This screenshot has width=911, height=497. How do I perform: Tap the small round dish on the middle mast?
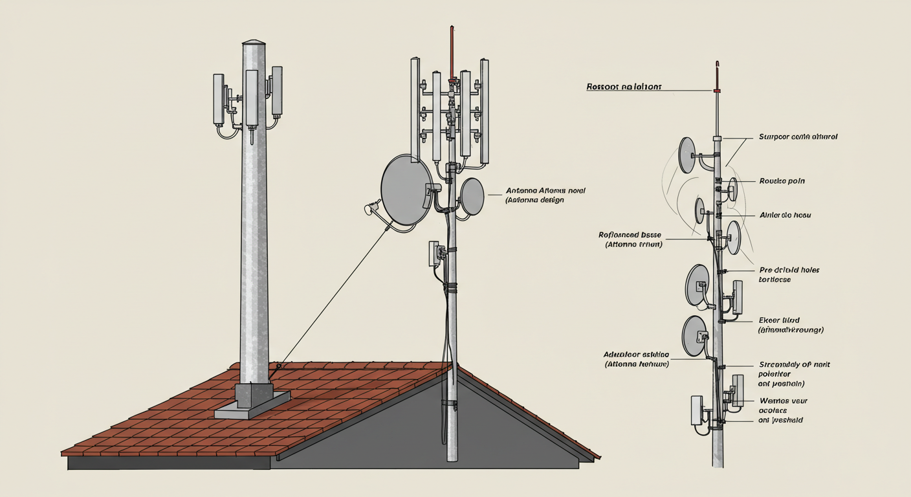pyautogui.click(x=473, y=196)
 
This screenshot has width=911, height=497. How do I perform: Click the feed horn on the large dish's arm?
pyautogui.click(x=371, y=208)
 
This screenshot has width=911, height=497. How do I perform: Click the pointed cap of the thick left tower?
pyautogui.click(x=254, y=43)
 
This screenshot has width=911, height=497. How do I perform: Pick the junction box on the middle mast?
pyautogui.click(x=434, y=254)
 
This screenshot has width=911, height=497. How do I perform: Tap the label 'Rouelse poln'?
pyautogui.click(x=782, y=181)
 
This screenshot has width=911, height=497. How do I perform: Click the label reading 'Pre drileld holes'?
pyautogui.click(x=789, y=270)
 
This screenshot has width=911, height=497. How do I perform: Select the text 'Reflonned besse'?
pyautogui.click(x=630, y=235)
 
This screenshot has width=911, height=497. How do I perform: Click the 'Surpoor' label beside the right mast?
pyautogui.click(x=797, y=137)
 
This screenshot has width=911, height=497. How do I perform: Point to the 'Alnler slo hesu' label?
pyautogui.click(x=784, y=215)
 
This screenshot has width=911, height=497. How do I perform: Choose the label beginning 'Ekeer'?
pyautogui.click(x=778, y=320)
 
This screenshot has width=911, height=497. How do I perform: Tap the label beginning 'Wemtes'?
pyautogui.click(x=783, y=401)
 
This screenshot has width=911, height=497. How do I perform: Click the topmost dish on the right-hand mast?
pyautogui.click(x=686, y=155)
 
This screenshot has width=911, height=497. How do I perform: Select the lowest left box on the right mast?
pyautogui.click(x=697, y=410)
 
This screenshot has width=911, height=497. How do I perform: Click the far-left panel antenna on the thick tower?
pyautogui.click(x=219, y=98)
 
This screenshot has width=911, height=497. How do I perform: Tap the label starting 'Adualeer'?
pyautogui.click(x=635, y=355)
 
